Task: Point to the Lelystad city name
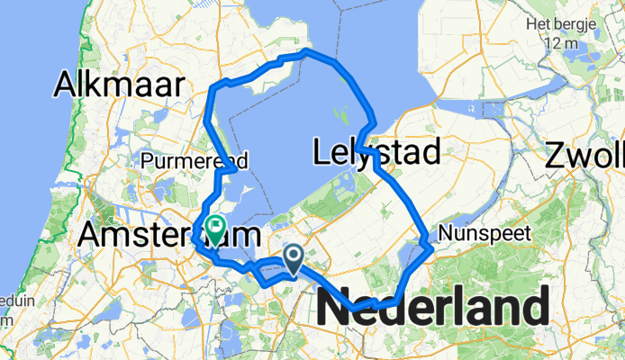pos(376,152)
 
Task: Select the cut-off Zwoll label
pos(584,157)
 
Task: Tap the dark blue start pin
pos(294,258)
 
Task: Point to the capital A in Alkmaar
pos(66,85)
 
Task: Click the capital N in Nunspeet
pos(444,234)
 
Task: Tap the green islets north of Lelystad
pos(340,117)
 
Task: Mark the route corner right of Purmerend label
pos(236,168)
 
